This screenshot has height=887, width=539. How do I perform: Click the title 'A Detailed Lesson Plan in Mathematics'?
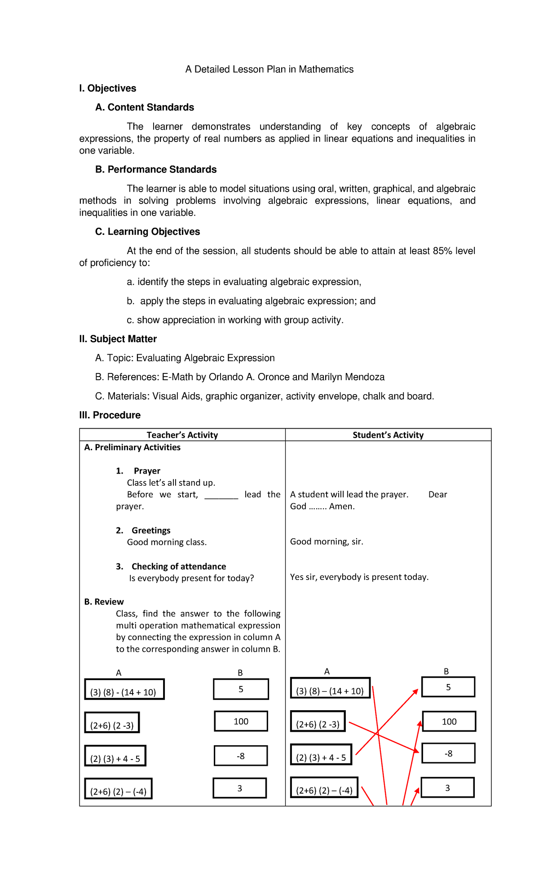click(269, 69)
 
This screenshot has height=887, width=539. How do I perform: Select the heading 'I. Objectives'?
click(107, 88)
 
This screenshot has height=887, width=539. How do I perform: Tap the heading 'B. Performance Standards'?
click(156, 170)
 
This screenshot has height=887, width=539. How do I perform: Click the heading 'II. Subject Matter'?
click(118, 339)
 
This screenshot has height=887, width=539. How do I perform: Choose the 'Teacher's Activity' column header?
click(182, 435)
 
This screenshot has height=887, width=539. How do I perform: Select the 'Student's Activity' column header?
click(388, 435)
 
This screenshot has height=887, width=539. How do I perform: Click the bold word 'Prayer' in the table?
click(147, 471)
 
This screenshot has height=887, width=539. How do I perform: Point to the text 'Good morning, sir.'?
click(327, 542)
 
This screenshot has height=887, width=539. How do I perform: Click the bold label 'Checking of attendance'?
click(179, 566)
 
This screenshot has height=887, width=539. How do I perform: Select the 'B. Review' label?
click(104, 602)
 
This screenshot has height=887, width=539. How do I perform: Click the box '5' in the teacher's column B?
click(241, 689)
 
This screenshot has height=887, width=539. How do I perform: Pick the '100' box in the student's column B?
click(449, 721)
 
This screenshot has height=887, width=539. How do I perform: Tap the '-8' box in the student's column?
click(448, 753)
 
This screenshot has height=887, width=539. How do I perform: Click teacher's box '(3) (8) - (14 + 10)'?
click(124, 689)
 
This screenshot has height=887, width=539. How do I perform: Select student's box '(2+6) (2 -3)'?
click(318, 721)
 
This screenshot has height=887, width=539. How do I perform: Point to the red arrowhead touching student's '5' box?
click(415, 692)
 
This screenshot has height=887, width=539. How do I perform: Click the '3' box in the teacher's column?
click(239, 788)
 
